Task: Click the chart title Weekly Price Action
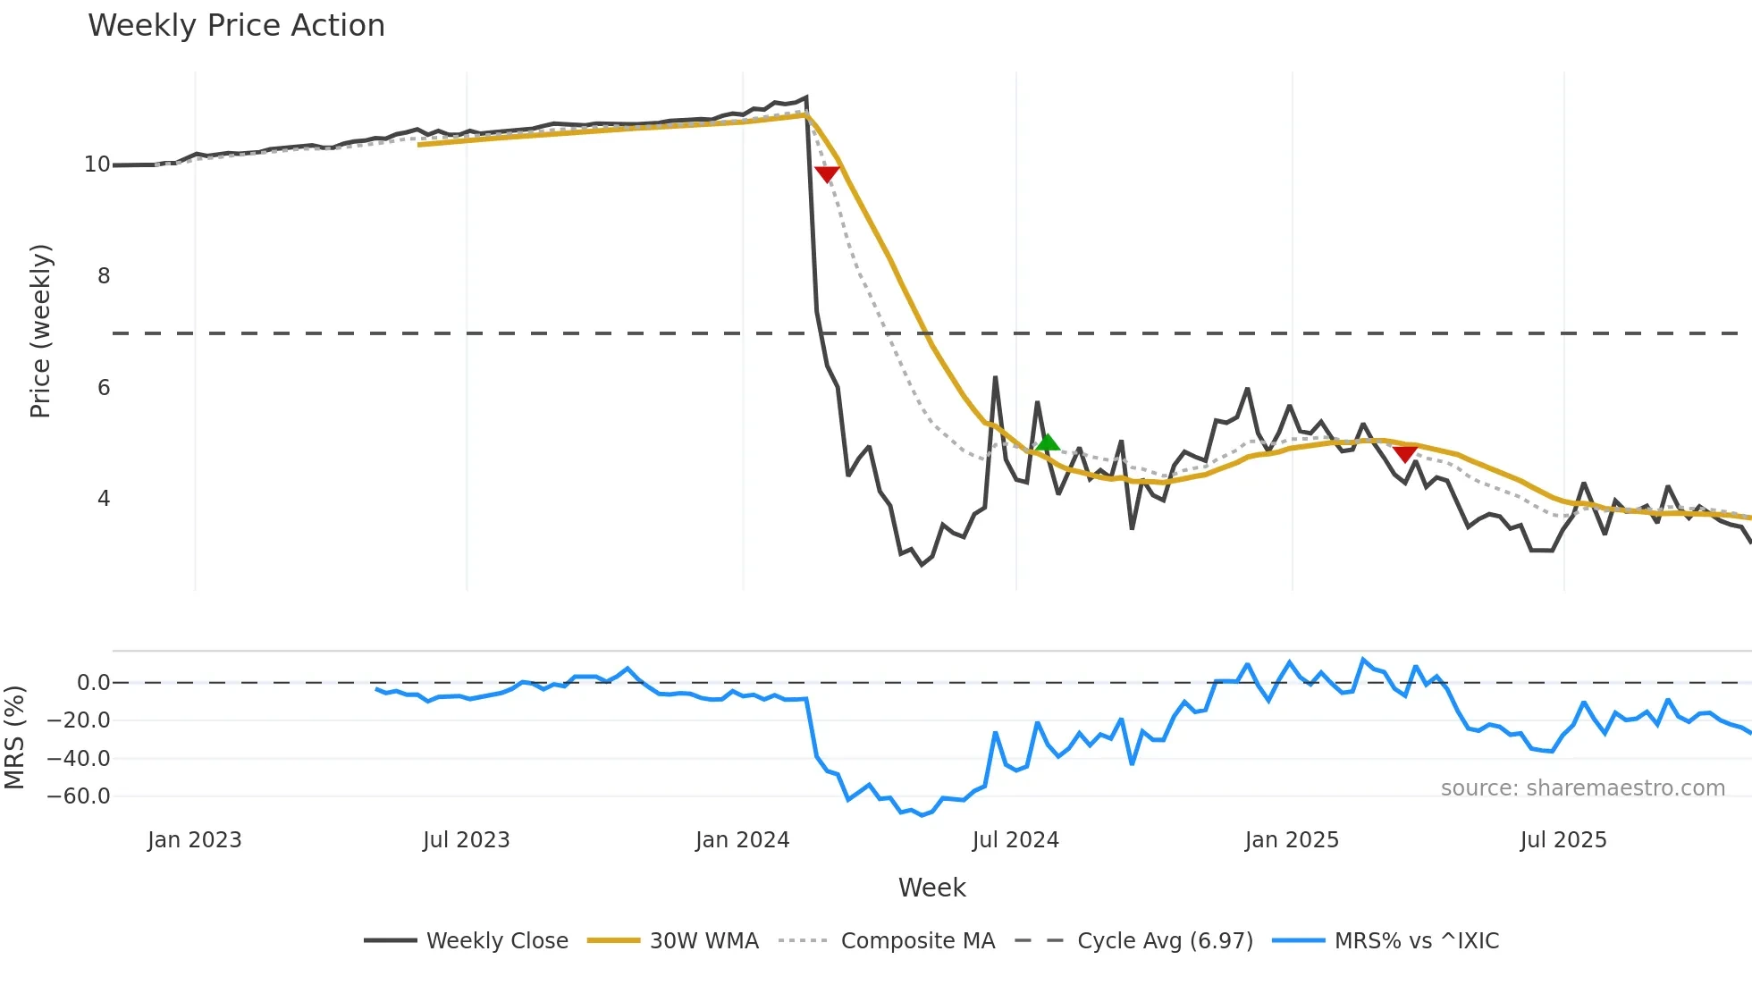236,25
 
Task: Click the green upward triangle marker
1048,442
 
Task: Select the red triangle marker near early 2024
827,173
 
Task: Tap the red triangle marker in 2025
1405,454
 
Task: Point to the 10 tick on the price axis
97,164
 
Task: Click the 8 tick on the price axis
104,276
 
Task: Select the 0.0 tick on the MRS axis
93,683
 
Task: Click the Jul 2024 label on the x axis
1015,840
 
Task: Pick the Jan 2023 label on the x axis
195,840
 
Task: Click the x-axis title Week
931,888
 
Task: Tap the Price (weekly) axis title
40,331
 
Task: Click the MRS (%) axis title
14,737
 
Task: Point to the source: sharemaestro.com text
1582,788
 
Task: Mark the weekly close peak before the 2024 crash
806,97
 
